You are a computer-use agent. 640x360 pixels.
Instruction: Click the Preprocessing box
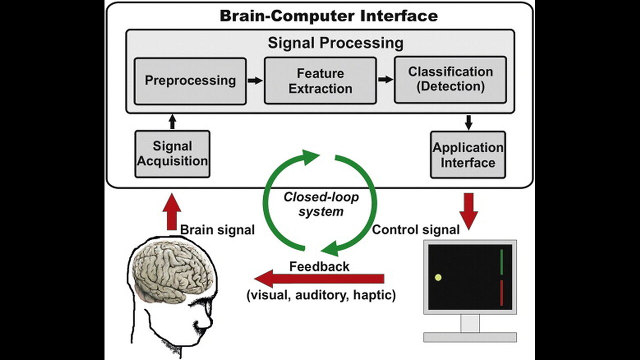[x=190, y=80]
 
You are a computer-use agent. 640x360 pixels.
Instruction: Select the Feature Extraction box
[x=320, y=80]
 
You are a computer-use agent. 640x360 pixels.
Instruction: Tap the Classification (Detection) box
[x=450, y=79]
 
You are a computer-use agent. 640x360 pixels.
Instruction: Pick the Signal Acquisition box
[x=172, y=153]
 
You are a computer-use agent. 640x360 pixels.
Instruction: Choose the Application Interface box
[x=468, y=154]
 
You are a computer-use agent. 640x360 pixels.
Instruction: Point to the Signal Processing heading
[x=335, y=42]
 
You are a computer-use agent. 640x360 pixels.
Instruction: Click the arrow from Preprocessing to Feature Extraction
[x=255, y=80]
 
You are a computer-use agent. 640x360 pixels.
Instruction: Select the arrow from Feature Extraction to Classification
[x=385, y=79]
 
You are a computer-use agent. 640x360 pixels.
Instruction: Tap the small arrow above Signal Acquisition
[x=172, y=121]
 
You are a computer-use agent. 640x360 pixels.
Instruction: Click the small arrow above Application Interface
[x=468, y=121]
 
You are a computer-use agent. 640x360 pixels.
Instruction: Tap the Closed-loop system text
[x=321, y=204]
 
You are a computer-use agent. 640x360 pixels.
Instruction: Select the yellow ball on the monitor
[x=438, y=277]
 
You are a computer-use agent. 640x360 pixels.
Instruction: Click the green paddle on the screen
[x=501, y=262]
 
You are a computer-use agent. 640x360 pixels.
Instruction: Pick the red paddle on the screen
[x=501, y=293]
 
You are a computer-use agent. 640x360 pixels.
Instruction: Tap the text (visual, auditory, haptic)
[x=321, y=295]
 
